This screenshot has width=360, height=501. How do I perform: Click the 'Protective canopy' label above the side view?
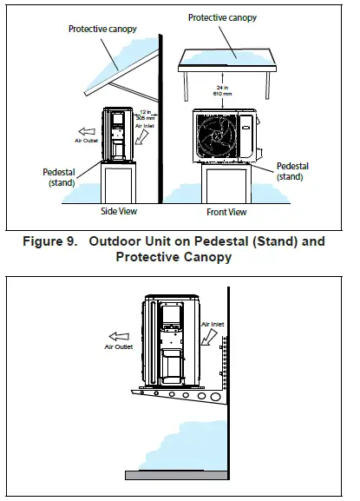(x=99, y=29)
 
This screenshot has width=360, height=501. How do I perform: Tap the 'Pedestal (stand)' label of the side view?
(x=62, y=178)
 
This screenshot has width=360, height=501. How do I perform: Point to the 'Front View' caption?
(x=227, y=212)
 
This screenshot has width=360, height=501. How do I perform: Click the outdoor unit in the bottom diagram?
(x=173, y=339)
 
